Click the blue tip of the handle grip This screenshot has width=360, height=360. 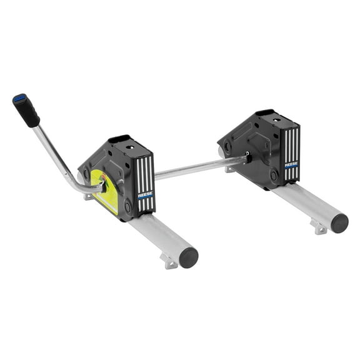(19, 99)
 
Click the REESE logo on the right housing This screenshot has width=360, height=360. (291, 165)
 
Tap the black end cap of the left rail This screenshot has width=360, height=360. (188, 257)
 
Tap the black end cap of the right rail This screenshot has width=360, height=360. (339, 223)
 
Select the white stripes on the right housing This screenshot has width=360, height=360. (292, 147)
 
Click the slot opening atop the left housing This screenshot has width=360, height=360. (119, 139)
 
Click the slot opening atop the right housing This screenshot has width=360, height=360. (264, 113)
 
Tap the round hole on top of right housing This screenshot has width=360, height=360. (277, 119)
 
